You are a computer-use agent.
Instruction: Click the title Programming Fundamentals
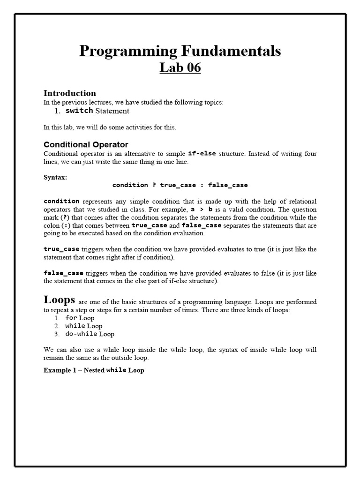(x=180, y=51)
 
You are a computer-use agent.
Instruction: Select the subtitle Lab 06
(x=180, y=68)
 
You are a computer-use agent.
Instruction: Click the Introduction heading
(x=70, y=93)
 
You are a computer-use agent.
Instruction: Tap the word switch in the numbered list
(x=79, y=111)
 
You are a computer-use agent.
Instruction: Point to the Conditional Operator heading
(x=86, y=144)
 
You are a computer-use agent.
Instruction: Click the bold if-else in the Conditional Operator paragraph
(x=202, y=153)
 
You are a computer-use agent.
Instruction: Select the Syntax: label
(x=55, y=177)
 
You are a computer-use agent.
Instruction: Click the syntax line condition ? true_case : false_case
(x=180, y=185)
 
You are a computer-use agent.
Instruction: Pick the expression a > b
(x=202, y=210)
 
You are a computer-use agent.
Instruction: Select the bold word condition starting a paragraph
(x=61, y=201)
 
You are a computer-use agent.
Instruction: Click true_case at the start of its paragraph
(x=61, y=249)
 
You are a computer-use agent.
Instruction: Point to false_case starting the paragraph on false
(x=63, y=273)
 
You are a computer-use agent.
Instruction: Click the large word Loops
(x=60, y=300)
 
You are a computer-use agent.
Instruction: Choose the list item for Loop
(x=80, y=318)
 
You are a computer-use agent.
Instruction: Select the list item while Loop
(x=83, y=326)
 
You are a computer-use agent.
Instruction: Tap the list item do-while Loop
(x=90, y=334)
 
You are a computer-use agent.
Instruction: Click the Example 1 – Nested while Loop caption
(x=94, y=370)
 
